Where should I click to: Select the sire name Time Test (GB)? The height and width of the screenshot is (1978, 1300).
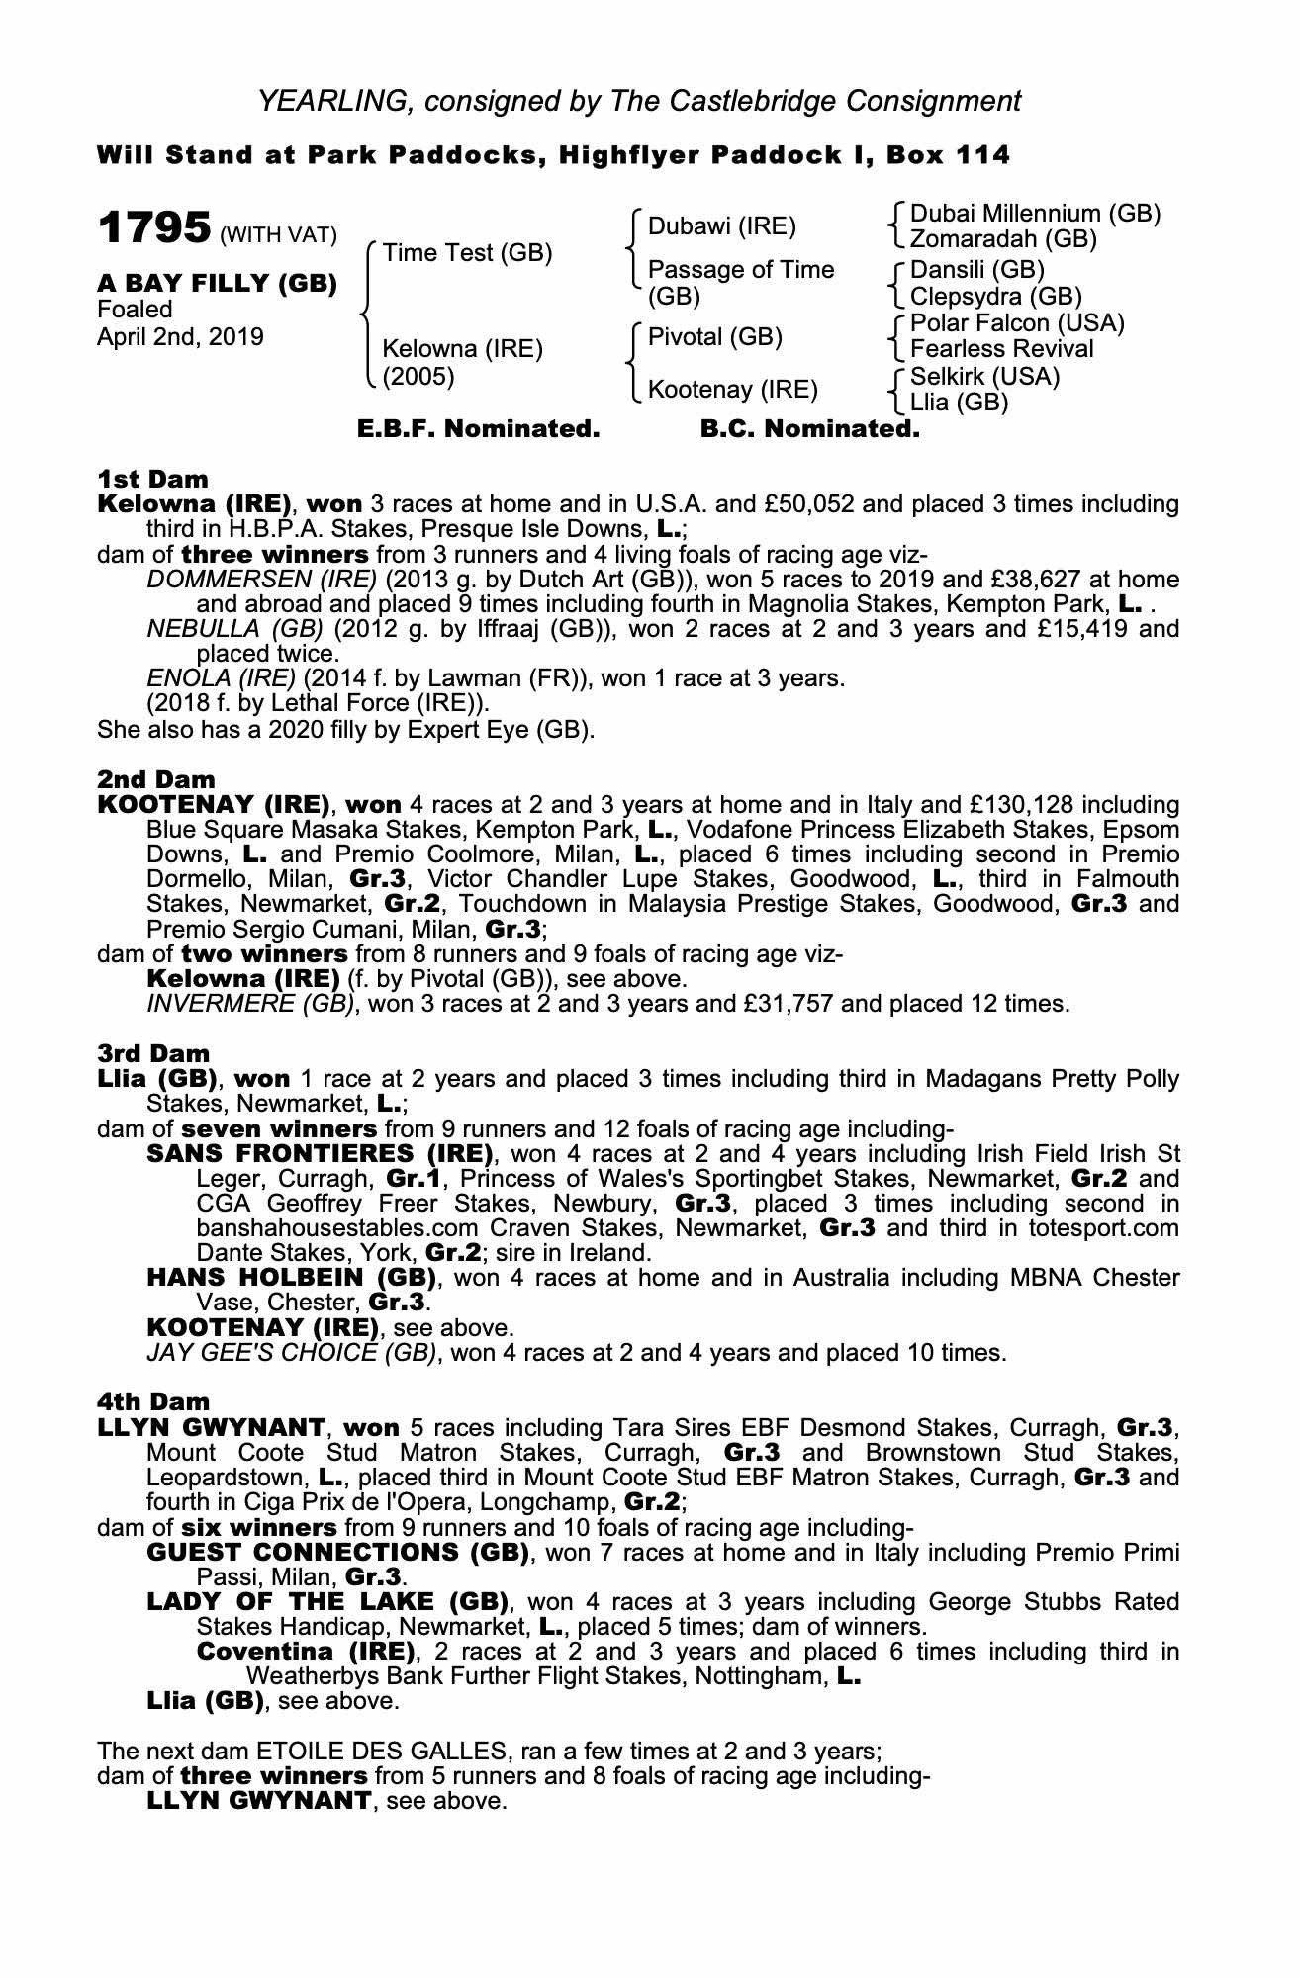(x=467, y=253)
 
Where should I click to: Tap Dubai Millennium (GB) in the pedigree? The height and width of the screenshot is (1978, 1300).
(x=1035, y=214)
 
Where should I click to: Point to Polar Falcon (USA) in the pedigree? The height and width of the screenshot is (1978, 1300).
(x=1017, y=323)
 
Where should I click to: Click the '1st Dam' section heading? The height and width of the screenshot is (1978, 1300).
(x=152, y=480)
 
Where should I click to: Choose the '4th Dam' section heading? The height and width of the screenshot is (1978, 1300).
(x=153, y=1401)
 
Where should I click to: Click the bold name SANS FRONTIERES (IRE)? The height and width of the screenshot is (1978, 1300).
(x=320, y=1154)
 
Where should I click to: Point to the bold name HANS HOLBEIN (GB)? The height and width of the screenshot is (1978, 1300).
(x=292, y=1278)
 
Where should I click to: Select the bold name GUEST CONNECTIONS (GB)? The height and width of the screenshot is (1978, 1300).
(x=337, y=1552)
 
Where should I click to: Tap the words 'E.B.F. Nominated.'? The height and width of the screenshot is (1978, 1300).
(x=478, y=429)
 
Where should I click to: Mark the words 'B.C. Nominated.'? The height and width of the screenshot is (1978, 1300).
(x=809, y=429)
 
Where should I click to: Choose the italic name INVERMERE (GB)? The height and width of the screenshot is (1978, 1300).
(x=250, y=1004)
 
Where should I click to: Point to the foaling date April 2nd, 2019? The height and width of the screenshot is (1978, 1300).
(x=180, y=337)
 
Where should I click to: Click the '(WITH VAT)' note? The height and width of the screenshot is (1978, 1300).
(x=278, y=235)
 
